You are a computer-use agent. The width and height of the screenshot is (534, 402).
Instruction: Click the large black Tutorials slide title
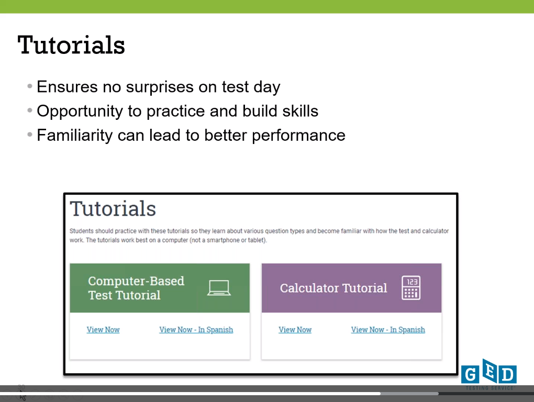click(71, 45)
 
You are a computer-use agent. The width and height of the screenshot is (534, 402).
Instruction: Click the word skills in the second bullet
click(301, 111)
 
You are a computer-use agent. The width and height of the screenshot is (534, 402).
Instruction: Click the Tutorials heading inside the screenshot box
click(113, 208)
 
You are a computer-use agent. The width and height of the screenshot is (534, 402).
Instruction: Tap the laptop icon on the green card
click(219, 288)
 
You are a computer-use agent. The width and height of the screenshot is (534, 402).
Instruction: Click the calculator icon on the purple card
click(411, 288)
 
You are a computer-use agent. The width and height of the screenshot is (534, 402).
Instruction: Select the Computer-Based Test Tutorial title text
click(136, 288)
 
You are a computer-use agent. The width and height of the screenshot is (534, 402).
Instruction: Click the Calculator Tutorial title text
click(333, 288)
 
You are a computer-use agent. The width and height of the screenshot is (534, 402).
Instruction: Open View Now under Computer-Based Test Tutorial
click(103, 329)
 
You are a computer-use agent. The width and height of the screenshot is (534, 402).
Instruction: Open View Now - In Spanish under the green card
click(196, 329)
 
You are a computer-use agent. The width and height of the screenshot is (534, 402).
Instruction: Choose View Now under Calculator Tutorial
click(295, 329)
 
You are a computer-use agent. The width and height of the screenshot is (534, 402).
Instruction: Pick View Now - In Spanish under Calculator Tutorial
click(388, 329)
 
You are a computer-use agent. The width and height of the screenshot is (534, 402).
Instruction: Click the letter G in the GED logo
click(470, 375)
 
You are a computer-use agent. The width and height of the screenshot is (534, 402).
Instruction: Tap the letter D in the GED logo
click(507, 375)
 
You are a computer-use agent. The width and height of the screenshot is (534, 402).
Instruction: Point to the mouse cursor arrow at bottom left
click(22, 396)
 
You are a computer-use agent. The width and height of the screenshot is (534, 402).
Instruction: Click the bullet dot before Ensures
click(30, 86)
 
